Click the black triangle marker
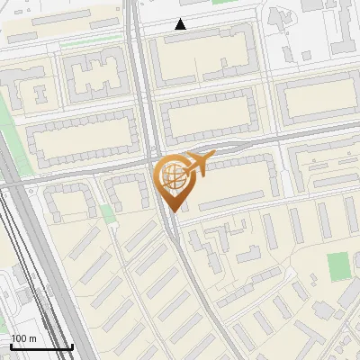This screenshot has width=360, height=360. coord(181,24)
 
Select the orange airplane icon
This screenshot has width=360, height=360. coord(198,164)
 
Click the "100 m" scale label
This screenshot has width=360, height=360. coord(23,338)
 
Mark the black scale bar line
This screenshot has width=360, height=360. coord(41,346)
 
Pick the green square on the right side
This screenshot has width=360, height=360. coord(337,266)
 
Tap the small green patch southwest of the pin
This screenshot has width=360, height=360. coord(108,214)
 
